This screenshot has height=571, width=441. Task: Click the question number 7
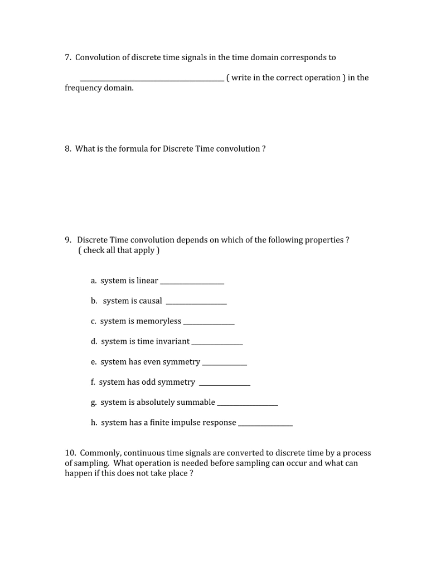pos(67,57)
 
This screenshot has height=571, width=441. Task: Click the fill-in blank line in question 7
pos(152,81)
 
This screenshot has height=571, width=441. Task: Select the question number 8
pos(67,149)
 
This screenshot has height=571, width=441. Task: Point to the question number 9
pos(67,240)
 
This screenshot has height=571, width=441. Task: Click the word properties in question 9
pos(324,240)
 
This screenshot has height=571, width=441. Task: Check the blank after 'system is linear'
pos(192,284)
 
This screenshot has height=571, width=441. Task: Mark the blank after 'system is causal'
pos(196,304)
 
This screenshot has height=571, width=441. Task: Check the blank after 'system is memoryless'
pos(209,324)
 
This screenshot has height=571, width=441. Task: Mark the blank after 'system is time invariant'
pos(217,345)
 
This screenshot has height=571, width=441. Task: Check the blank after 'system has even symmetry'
pos(224,365)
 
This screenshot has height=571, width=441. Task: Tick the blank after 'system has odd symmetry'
pos(224,385)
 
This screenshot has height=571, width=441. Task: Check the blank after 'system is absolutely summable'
pos(247,405)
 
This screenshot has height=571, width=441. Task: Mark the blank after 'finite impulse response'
pos(265,425)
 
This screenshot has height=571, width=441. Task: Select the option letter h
pos(94,423)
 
